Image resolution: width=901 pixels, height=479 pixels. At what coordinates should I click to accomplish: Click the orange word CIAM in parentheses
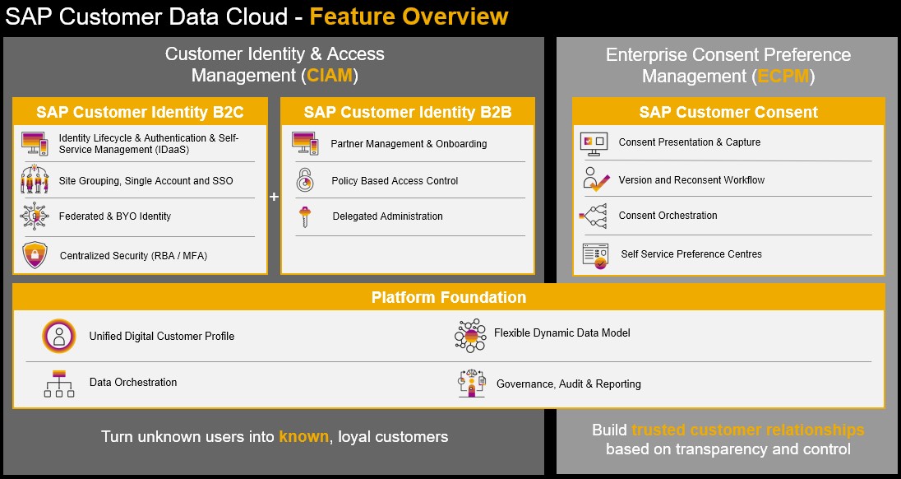pyautogui.click(x=330, y=76)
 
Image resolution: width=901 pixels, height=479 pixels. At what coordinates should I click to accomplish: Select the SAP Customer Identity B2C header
pyautogui.click(x=141, y=112)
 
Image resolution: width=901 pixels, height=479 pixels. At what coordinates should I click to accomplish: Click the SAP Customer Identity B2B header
pyautogui.click(x=408, y=112)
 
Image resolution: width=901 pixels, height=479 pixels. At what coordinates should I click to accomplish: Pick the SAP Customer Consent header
pyautogui.click(x=728, y=112)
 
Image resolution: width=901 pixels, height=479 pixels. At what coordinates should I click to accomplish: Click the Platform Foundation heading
pyautogui.click(x=449, y=297)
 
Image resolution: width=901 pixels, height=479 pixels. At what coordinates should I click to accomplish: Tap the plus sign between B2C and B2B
pyautogui.click(x=274, y=197)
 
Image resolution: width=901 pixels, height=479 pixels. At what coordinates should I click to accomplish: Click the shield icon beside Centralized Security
pyautogui.click(x=35, y=255)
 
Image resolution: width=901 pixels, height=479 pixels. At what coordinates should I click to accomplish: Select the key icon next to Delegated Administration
pyautogui.click(x=304, y=216)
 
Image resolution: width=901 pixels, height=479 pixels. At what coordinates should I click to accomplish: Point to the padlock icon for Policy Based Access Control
pyautogui.click(x=305, y=180)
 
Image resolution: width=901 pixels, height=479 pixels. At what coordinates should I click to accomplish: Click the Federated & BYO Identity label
pyautogui.click(x=115, y=216)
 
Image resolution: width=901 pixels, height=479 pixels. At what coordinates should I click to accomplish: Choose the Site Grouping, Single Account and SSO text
pyautogui.click(x=146, y=180)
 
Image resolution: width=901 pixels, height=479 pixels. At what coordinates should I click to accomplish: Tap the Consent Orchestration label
pyautogui.click(x=668, y=216)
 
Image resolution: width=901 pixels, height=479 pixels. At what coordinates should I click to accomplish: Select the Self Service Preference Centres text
pyautogui.click(x=691, y=254)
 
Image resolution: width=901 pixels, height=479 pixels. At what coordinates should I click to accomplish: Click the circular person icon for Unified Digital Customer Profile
pyautogui.click(x=58, y=336)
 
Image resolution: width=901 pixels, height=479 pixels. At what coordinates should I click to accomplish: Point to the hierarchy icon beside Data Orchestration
pyautogui.click(x=59, y=384)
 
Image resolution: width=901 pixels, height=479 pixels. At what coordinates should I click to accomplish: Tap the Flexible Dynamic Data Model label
pyautogui.click(x=562, y=333)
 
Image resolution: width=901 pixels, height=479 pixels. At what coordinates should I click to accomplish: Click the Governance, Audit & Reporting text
pyautogui.click(x=568, y=384)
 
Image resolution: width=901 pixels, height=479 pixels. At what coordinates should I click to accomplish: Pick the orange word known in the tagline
pyautogui.click(x=304, y=436)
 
